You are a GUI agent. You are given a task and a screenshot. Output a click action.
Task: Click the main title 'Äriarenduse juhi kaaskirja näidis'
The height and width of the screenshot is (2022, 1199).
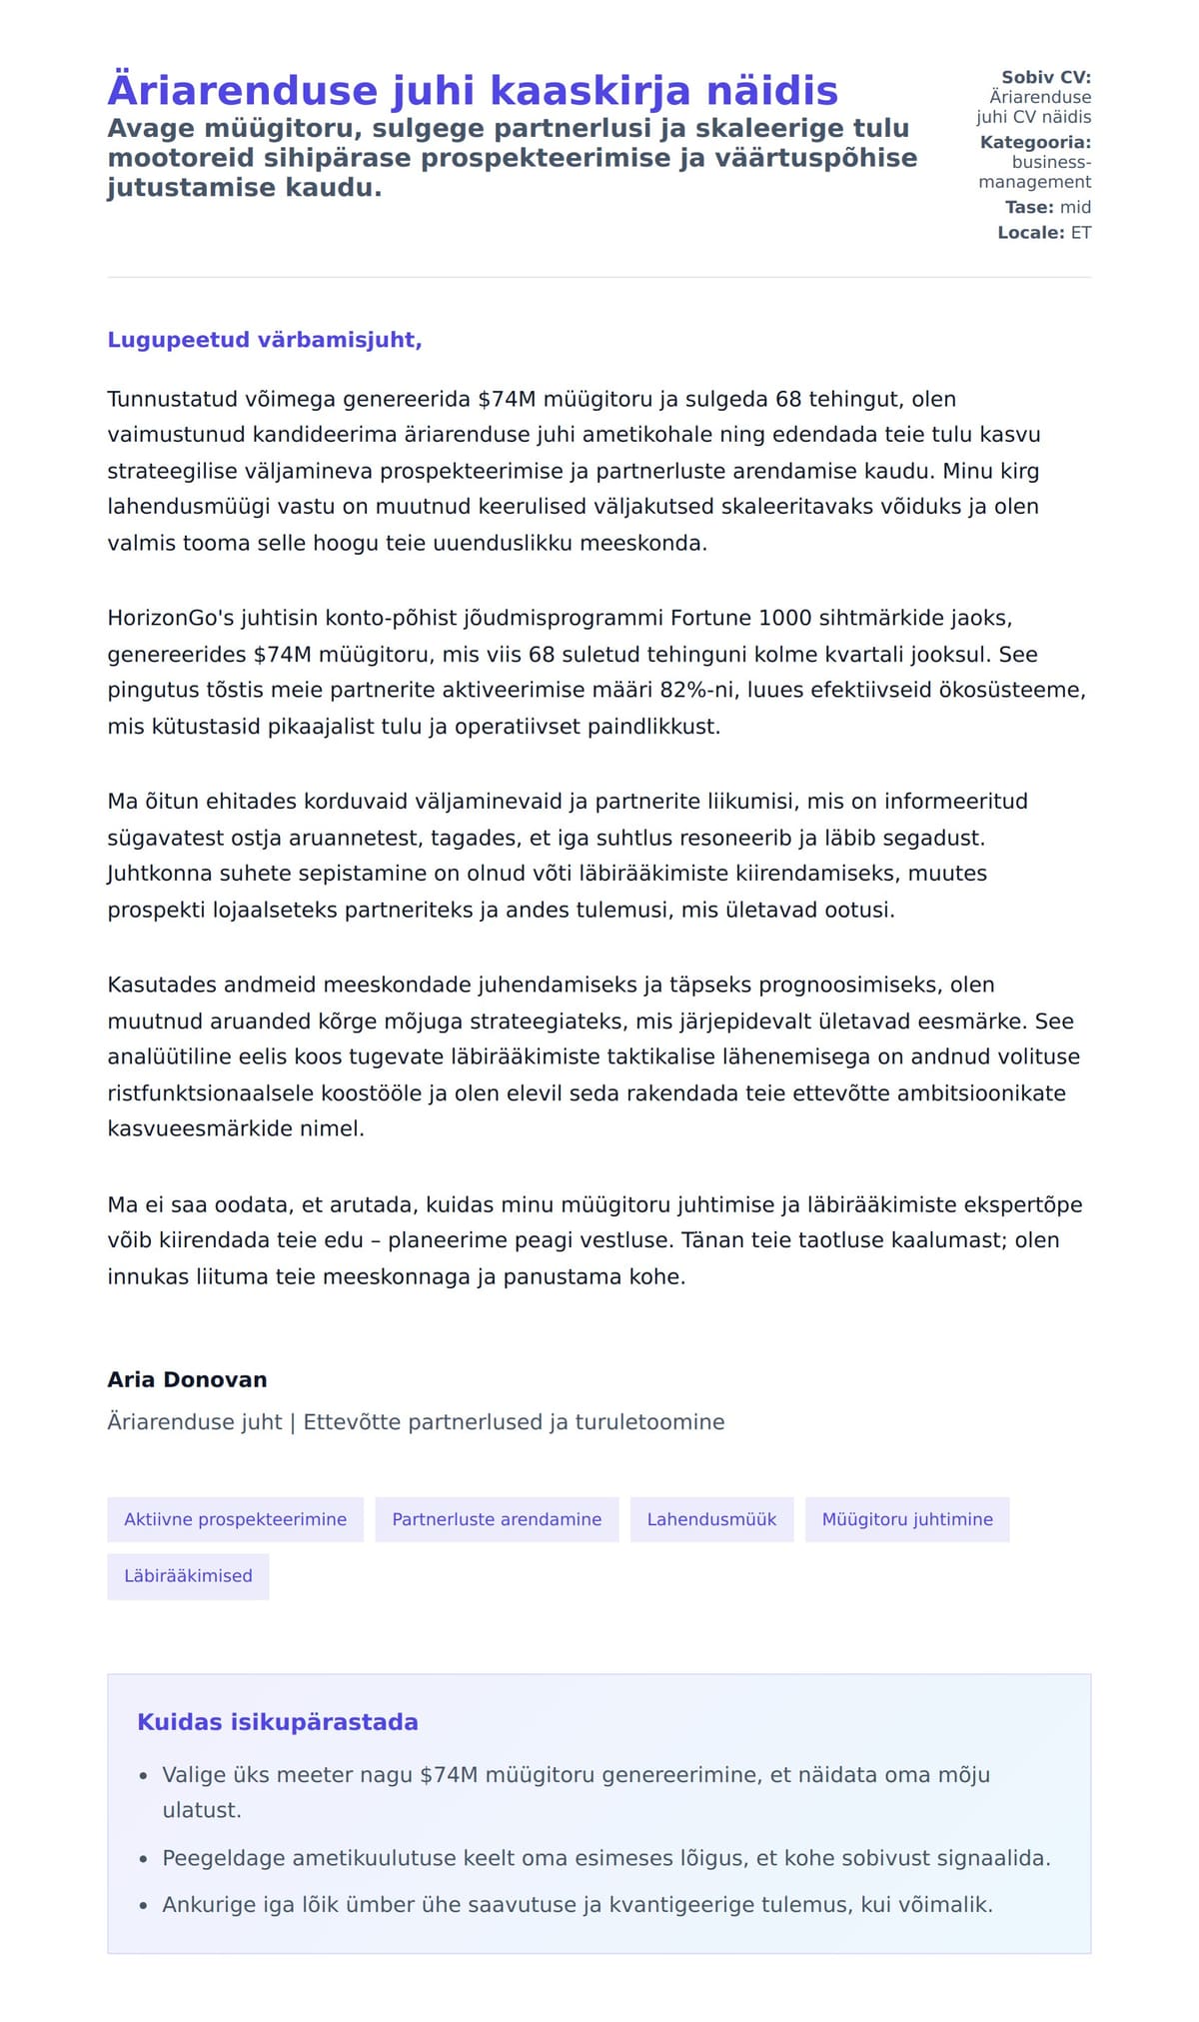point(472,90)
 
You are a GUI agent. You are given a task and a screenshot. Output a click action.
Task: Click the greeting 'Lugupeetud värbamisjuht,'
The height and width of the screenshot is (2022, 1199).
point(265,340)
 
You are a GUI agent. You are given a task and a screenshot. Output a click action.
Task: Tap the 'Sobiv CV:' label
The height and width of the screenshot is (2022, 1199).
point(1046,77)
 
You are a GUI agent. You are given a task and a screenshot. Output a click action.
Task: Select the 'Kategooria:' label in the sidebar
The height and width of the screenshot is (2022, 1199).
point(1035,142)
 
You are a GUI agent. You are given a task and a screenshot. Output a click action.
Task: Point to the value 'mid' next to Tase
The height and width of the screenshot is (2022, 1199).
point(1075,207)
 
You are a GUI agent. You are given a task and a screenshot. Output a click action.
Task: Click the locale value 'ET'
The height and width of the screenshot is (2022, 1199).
point(1081,233)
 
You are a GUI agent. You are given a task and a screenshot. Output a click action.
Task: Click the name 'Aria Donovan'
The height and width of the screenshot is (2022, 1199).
point(187,1379)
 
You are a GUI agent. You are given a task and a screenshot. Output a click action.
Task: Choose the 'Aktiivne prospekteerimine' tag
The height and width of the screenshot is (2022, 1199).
point(235,1519)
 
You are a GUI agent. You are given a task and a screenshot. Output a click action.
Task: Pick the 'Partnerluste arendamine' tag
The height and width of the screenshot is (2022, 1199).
point(497,1519)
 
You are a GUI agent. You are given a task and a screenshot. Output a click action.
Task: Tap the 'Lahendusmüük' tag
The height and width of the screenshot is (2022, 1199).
point(711,1519)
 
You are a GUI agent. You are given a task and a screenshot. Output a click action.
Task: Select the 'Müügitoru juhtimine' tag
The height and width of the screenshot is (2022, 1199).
point(907,1519)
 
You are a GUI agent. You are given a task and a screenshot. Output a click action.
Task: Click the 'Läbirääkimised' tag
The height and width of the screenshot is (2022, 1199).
point(188,1576)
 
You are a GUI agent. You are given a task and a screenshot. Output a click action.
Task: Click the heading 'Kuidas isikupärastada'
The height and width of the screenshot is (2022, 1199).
point(278,1722)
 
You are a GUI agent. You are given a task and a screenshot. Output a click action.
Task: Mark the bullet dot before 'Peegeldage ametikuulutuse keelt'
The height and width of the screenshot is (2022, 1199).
point(144,1859)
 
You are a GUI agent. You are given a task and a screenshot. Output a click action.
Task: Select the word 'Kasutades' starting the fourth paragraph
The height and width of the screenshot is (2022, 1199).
point(162,986)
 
